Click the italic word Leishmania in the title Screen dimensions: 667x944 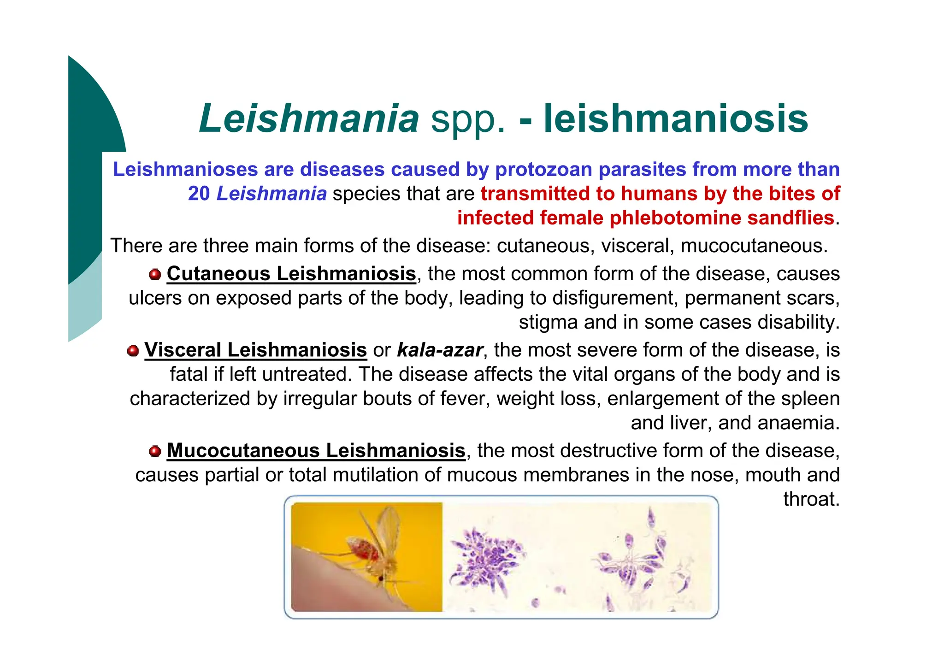pos(309,118)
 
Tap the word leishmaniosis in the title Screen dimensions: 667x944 pos(676,118)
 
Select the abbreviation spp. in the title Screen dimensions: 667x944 pos(468,120)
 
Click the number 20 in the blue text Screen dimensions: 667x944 pos(199,194)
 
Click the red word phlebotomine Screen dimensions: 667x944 pos(675,218)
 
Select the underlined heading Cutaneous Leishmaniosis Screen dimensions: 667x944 pos(291,274)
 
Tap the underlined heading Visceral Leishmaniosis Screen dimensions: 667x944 pos(255,350)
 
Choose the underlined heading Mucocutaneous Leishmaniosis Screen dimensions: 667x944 pos(316,451)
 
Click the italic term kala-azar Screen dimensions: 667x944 pos(440,350)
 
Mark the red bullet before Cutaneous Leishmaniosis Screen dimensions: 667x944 pos(155,275)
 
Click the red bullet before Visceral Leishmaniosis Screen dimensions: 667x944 pos(133,351)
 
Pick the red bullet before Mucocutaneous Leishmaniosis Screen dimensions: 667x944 pos(155,451)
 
